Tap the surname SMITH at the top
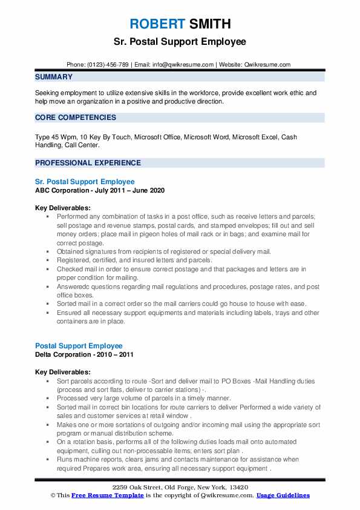click(209, 24)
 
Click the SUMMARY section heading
click(54, 77)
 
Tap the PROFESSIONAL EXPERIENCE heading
click(88, 163)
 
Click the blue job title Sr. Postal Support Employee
click(85, 181)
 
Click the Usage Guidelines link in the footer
click(283, 495)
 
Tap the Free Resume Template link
click(100, 495)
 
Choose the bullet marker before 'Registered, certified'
click(48, 260)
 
